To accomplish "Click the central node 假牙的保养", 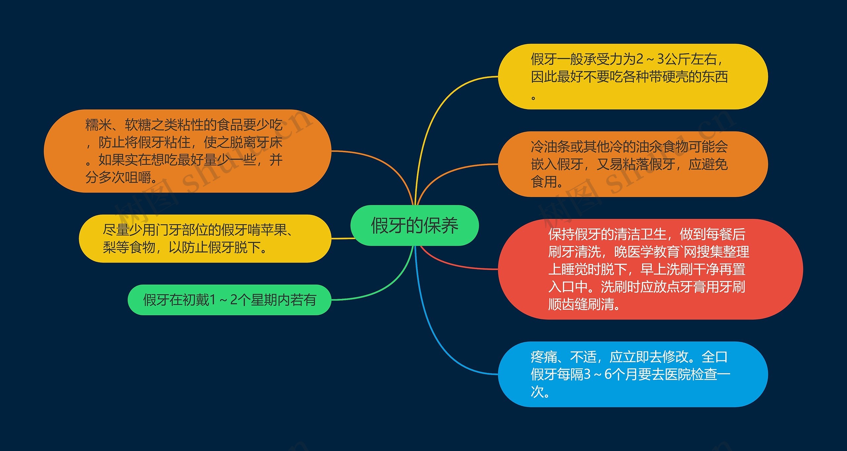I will point(414,225).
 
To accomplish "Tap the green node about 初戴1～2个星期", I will point(229,300).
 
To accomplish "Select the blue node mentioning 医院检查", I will point(632,374).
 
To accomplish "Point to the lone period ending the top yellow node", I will point(533,98).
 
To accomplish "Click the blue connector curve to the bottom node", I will point(430,331).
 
